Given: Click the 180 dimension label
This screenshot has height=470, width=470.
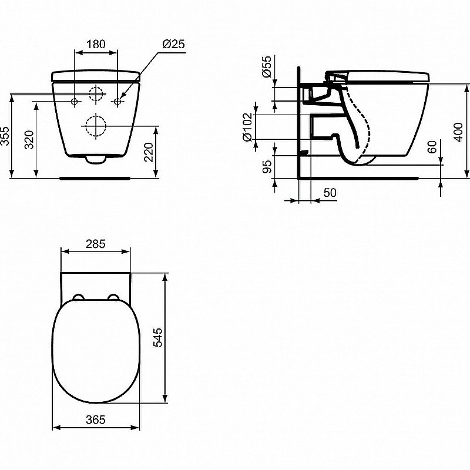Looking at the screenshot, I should point(96,44).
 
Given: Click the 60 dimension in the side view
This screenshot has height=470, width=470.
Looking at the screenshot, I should point(433,147).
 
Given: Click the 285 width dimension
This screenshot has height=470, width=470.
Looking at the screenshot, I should point(95,244).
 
